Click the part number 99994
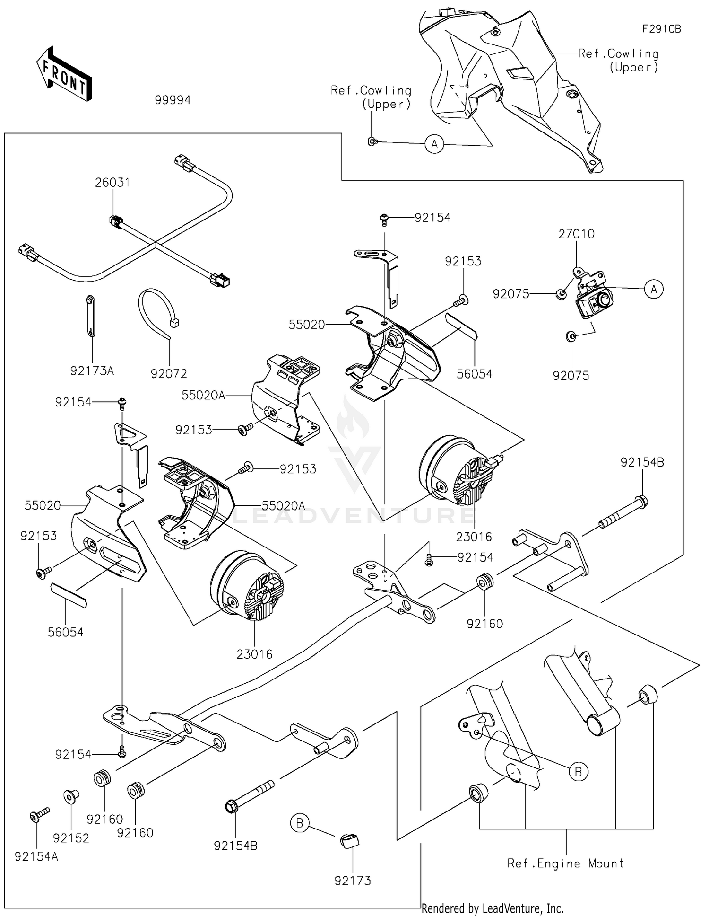[173, 100]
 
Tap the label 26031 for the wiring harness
[112, 182]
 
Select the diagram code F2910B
[661, 29]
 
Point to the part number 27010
[576, 234]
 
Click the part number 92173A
[92, 371]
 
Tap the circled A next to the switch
[654, 289]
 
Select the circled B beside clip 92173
[300, 823]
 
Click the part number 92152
[71, 838]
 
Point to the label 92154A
[36, 857]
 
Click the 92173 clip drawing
[349, 841]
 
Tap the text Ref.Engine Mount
[565, 863]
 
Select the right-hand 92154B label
[642, 462]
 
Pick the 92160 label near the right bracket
[484, 624]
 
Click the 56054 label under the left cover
[65, 632]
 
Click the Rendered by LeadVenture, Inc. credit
[492, 908]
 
